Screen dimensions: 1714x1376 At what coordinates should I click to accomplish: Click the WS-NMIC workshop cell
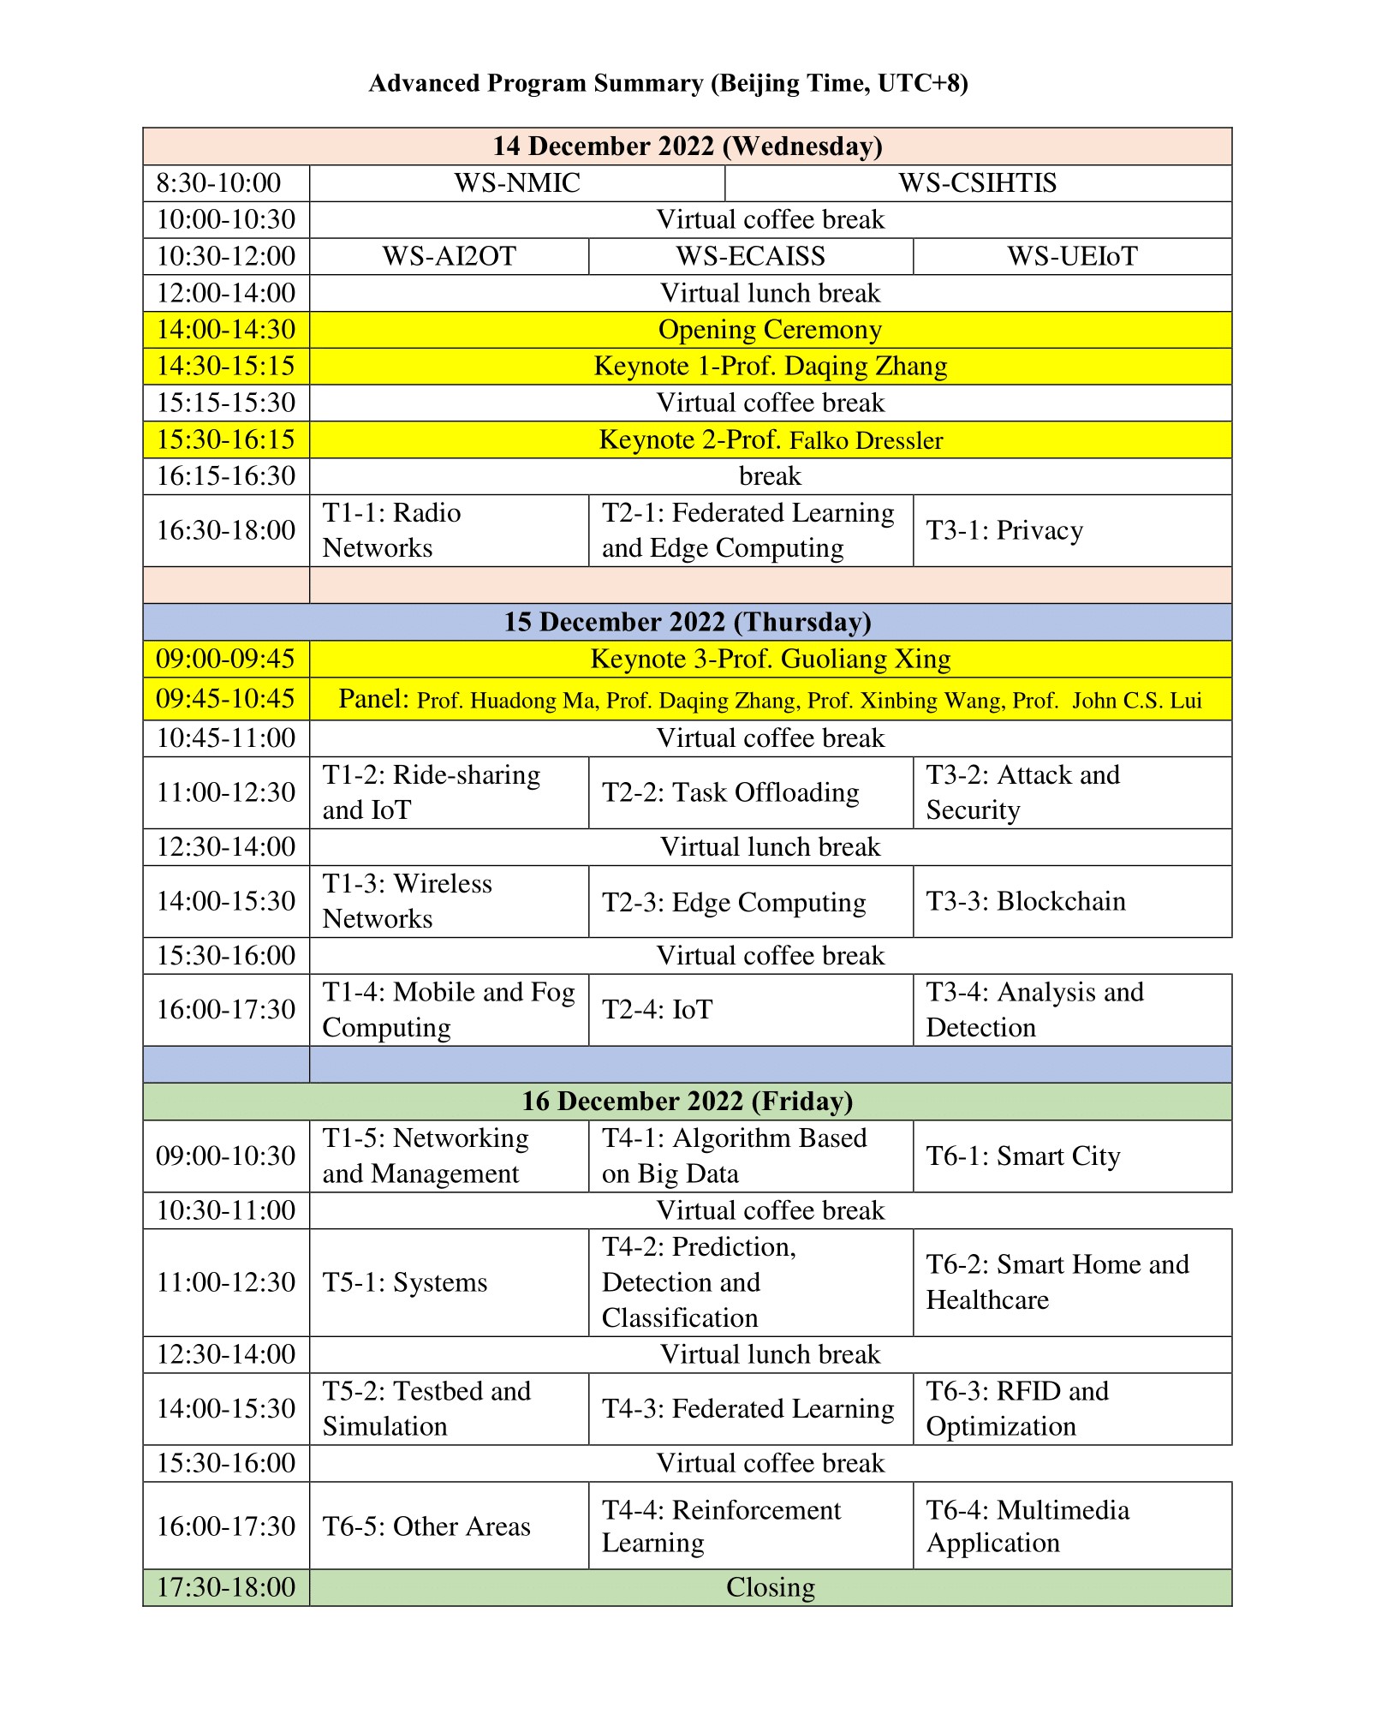[x=516, y=183]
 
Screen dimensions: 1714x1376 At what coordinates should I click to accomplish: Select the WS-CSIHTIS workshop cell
[x=977, y=183]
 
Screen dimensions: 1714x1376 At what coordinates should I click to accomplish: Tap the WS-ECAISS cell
[x=750, y=256]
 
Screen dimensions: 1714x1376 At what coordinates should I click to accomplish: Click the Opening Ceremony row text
[x=770, y=330]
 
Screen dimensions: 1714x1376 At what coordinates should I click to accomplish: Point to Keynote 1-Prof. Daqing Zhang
[x=770, y=367]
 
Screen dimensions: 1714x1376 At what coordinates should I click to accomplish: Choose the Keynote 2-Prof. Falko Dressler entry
[x=770, y=440]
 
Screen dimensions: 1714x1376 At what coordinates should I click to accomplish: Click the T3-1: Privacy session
[x=1004, y=531]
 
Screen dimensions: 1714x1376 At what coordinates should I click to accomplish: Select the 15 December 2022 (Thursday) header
[x=687, y=622]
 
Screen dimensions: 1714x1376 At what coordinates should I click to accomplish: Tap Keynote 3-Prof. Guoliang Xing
[x=770, y=659]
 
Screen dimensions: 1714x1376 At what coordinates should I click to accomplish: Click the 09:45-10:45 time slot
[x=225, y=699]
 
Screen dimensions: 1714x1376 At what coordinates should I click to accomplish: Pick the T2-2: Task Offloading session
[x=730, y=793]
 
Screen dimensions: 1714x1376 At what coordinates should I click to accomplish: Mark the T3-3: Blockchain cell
[x=1025, y=902]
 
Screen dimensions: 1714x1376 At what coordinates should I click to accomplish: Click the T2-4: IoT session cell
[x=657, y=1010]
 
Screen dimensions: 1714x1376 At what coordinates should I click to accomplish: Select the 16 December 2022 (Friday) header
[x=687, y=1102]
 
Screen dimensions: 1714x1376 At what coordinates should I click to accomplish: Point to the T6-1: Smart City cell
[x=1022, y=1156]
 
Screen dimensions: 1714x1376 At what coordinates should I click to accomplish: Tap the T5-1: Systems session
[x=404, y=1283]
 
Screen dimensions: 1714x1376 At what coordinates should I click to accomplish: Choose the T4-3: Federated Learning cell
[x=748, y=1409]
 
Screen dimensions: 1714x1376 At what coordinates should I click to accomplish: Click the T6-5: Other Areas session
[x=426, y=1526]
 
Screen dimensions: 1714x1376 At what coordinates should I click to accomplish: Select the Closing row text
[x=770, y=1587]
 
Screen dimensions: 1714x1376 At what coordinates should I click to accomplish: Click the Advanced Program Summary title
[x=668, y=83]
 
